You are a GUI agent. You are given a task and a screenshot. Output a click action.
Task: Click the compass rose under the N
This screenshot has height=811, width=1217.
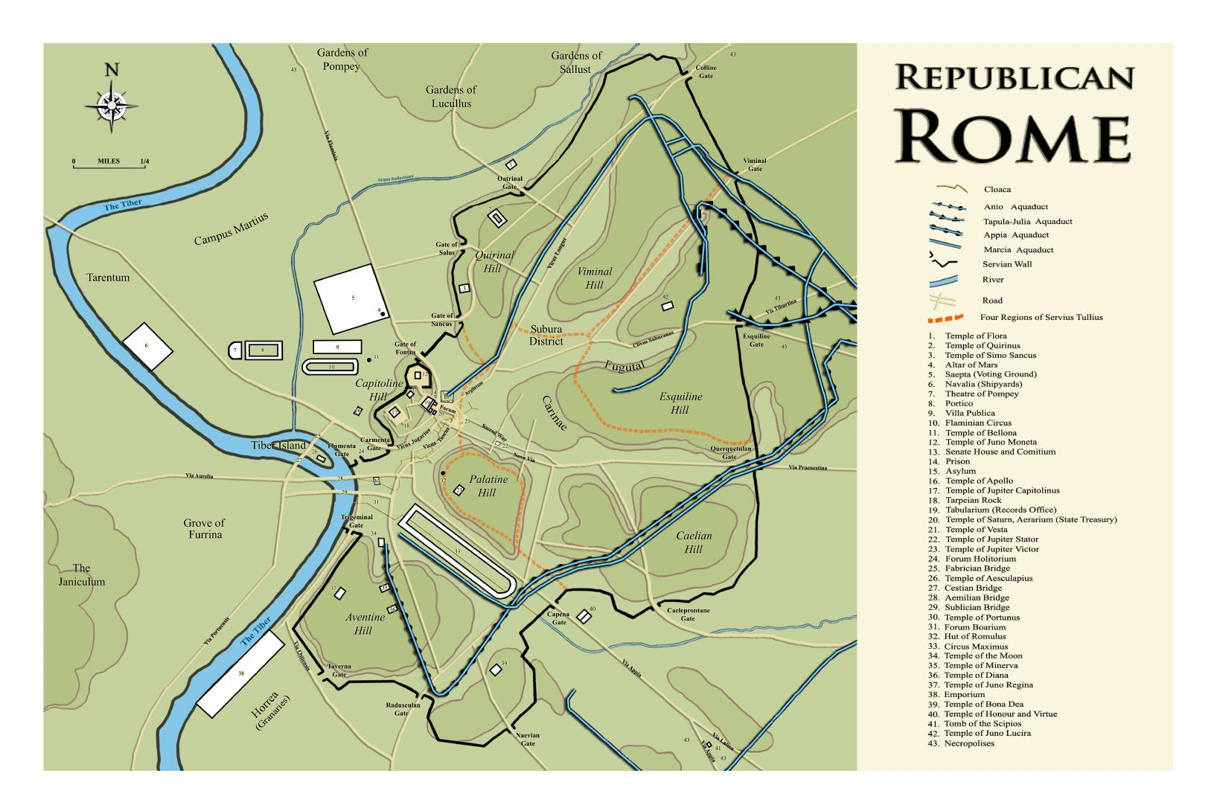pyautogui.click(x=112, y=105)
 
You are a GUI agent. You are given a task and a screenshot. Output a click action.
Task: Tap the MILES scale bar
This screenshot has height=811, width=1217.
pyautogui.click(x=110, y=165)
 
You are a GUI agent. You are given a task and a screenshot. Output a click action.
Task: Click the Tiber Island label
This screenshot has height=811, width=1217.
pyautogui.click(x=278, y=446)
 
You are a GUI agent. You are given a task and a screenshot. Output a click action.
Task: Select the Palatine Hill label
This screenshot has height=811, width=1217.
pyautogui.click(x=488, y=486)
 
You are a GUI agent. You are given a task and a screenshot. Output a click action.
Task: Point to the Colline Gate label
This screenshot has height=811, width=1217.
pyautogui.click(x=706, y=71)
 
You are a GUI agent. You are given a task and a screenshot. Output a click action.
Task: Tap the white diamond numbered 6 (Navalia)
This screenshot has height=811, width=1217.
pyautogui.click(x=147, y=346)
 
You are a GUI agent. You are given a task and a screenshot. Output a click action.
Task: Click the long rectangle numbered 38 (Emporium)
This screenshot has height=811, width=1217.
pyautogui.click(x=240, y=673)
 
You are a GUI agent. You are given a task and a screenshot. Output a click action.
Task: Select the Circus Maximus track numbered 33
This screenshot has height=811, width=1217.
pyautogui.click(x=456, y=552)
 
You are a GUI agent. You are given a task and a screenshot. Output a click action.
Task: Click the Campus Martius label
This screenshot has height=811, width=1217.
pyautogui.click(x=231, y=229)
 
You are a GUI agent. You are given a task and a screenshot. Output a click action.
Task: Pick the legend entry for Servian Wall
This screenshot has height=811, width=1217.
pyautogui.click(x=1007, y=264)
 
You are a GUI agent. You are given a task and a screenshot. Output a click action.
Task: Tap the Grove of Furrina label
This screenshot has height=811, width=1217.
pyautogui.click(x=203, y=528)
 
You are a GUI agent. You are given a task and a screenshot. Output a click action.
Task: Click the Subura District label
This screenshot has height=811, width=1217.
pyautogui.click(x=546, y=335)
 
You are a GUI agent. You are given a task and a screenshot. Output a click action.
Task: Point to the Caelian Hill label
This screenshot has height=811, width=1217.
pyautogui.click(x=694, y=542)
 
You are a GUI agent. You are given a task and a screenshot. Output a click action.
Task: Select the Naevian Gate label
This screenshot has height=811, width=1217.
pyautogui.click(x=527, y=740)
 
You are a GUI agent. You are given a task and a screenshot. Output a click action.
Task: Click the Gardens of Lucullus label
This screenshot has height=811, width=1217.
pyautogui.click(x=450, y=96)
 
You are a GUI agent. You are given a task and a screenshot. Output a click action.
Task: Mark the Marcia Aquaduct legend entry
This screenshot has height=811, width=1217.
pyautogui.click(x=1018, y=250)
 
